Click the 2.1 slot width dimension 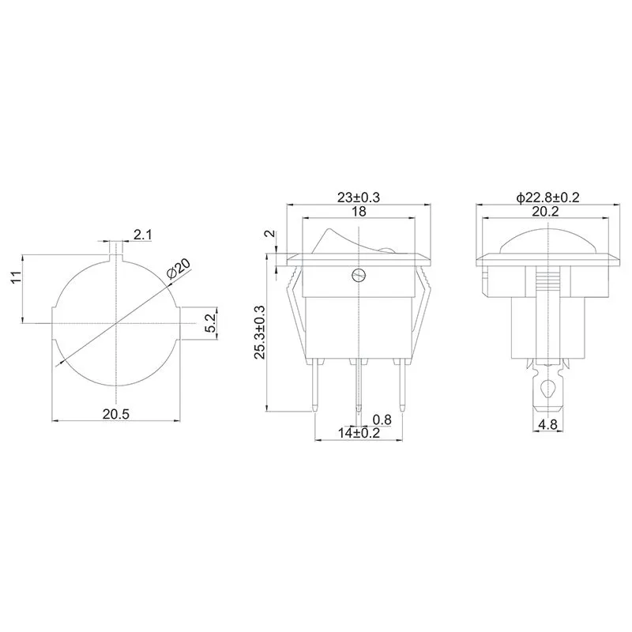(143, 235)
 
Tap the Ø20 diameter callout (179, 269)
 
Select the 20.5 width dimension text (115, 414)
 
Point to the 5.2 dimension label (210, 323)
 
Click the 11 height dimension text (16, 277)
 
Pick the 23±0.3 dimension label (359, 197)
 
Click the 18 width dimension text (359, 211)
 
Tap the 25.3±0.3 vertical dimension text (259, 332)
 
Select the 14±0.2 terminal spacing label (359, 433)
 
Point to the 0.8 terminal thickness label (382, 420)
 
